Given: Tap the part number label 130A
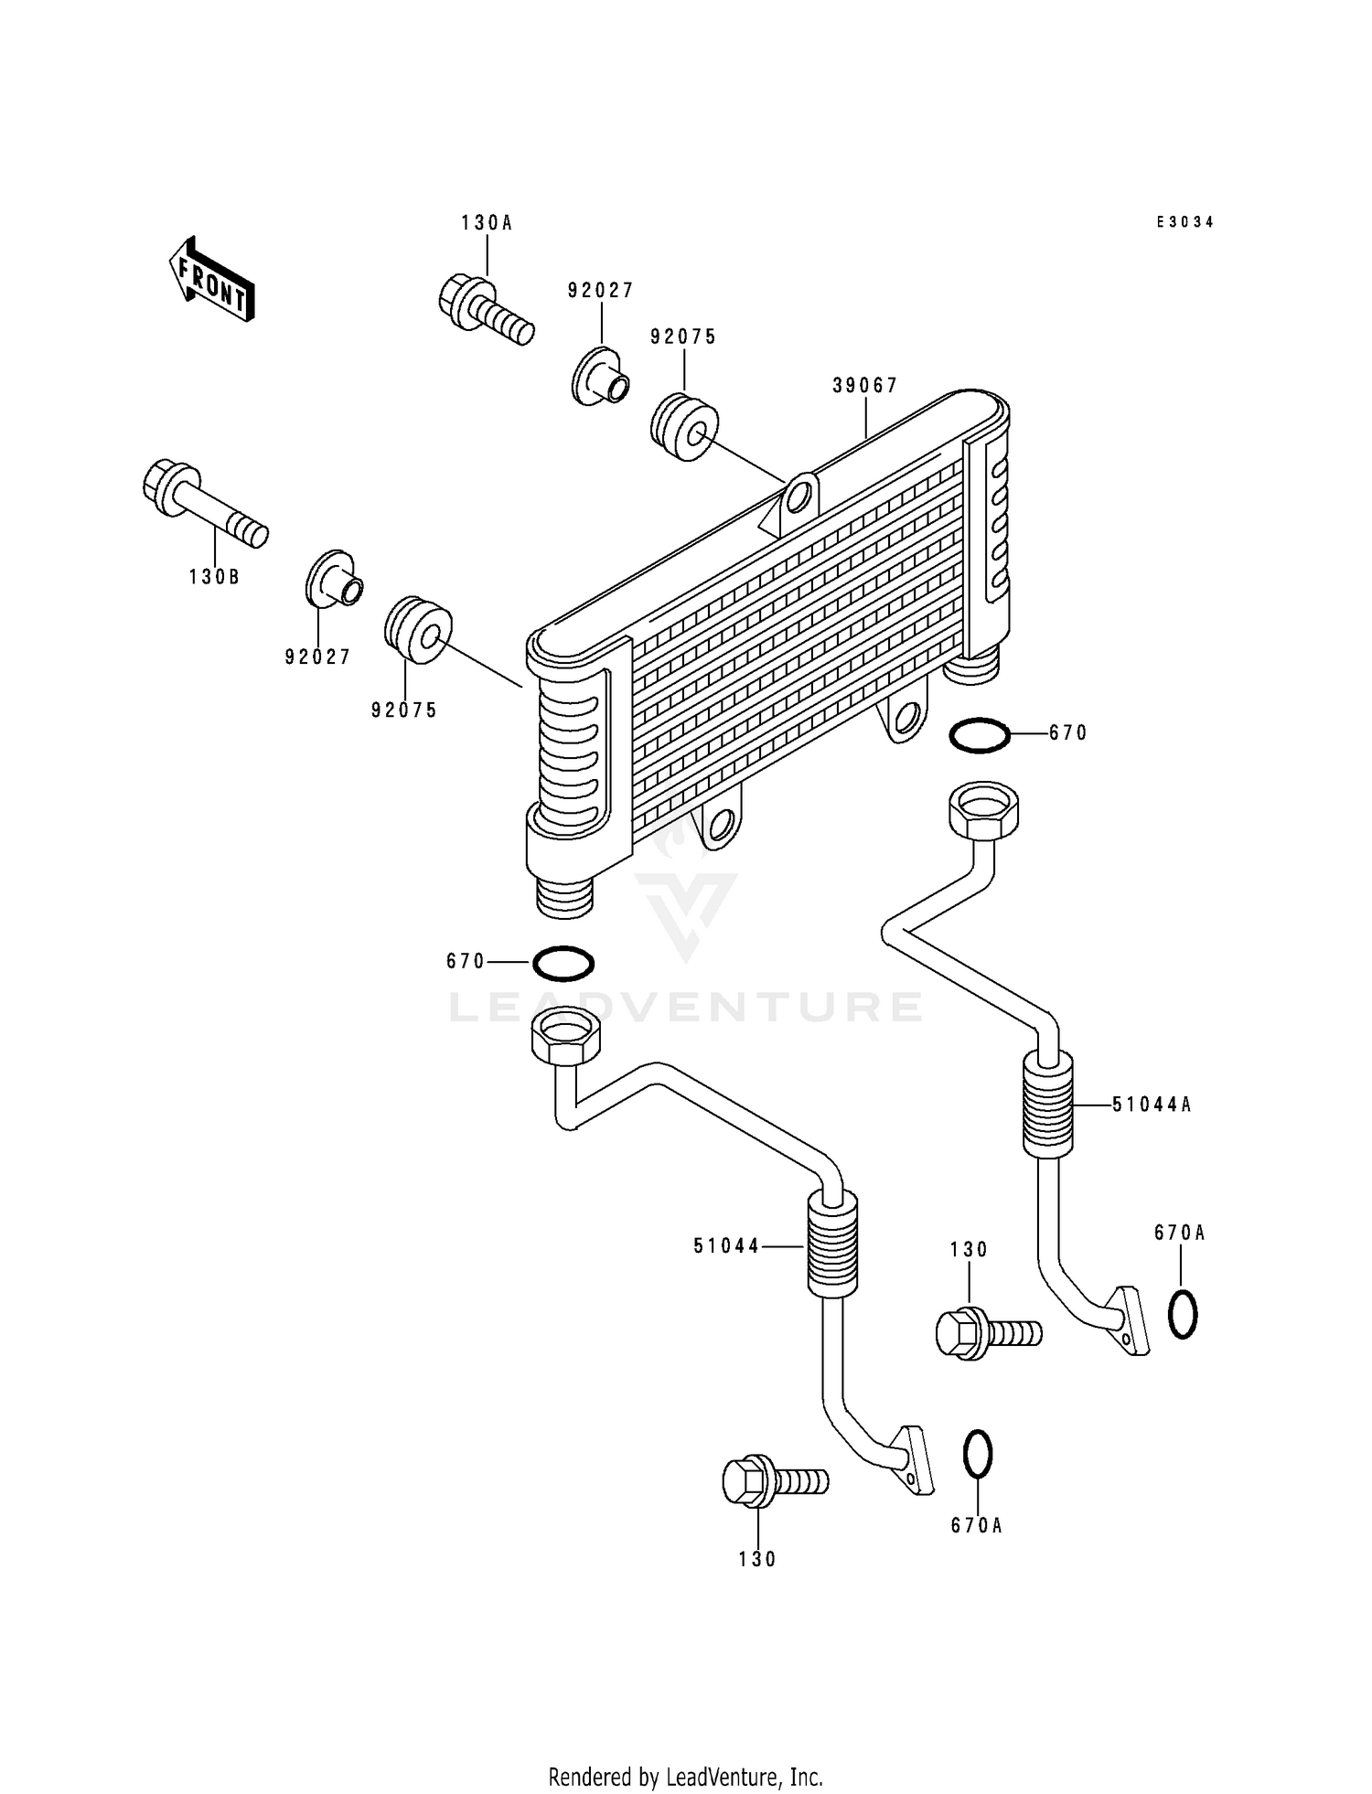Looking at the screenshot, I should (487, 222).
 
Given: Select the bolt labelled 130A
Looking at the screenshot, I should (485, 310).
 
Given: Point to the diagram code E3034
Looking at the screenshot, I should (1184, 222).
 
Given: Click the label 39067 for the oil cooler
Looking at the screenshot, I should (864, 386).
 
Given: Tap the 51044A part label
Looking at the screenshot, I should (1152, 1105).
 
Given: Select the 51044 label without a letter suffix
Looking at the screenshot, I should (726, 1245).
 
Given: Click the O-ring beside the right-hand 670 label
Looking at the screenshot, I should (980, 735).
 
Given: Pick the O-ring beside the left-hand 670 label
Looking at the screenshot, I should (563, 963).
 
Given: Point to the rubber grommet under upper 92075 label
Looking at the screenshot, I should (685, 426).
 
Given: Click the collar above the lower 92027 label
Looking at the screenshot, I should (334, 579).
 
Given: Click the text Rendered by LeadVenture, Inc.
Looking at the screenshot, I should (685, 1777).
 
